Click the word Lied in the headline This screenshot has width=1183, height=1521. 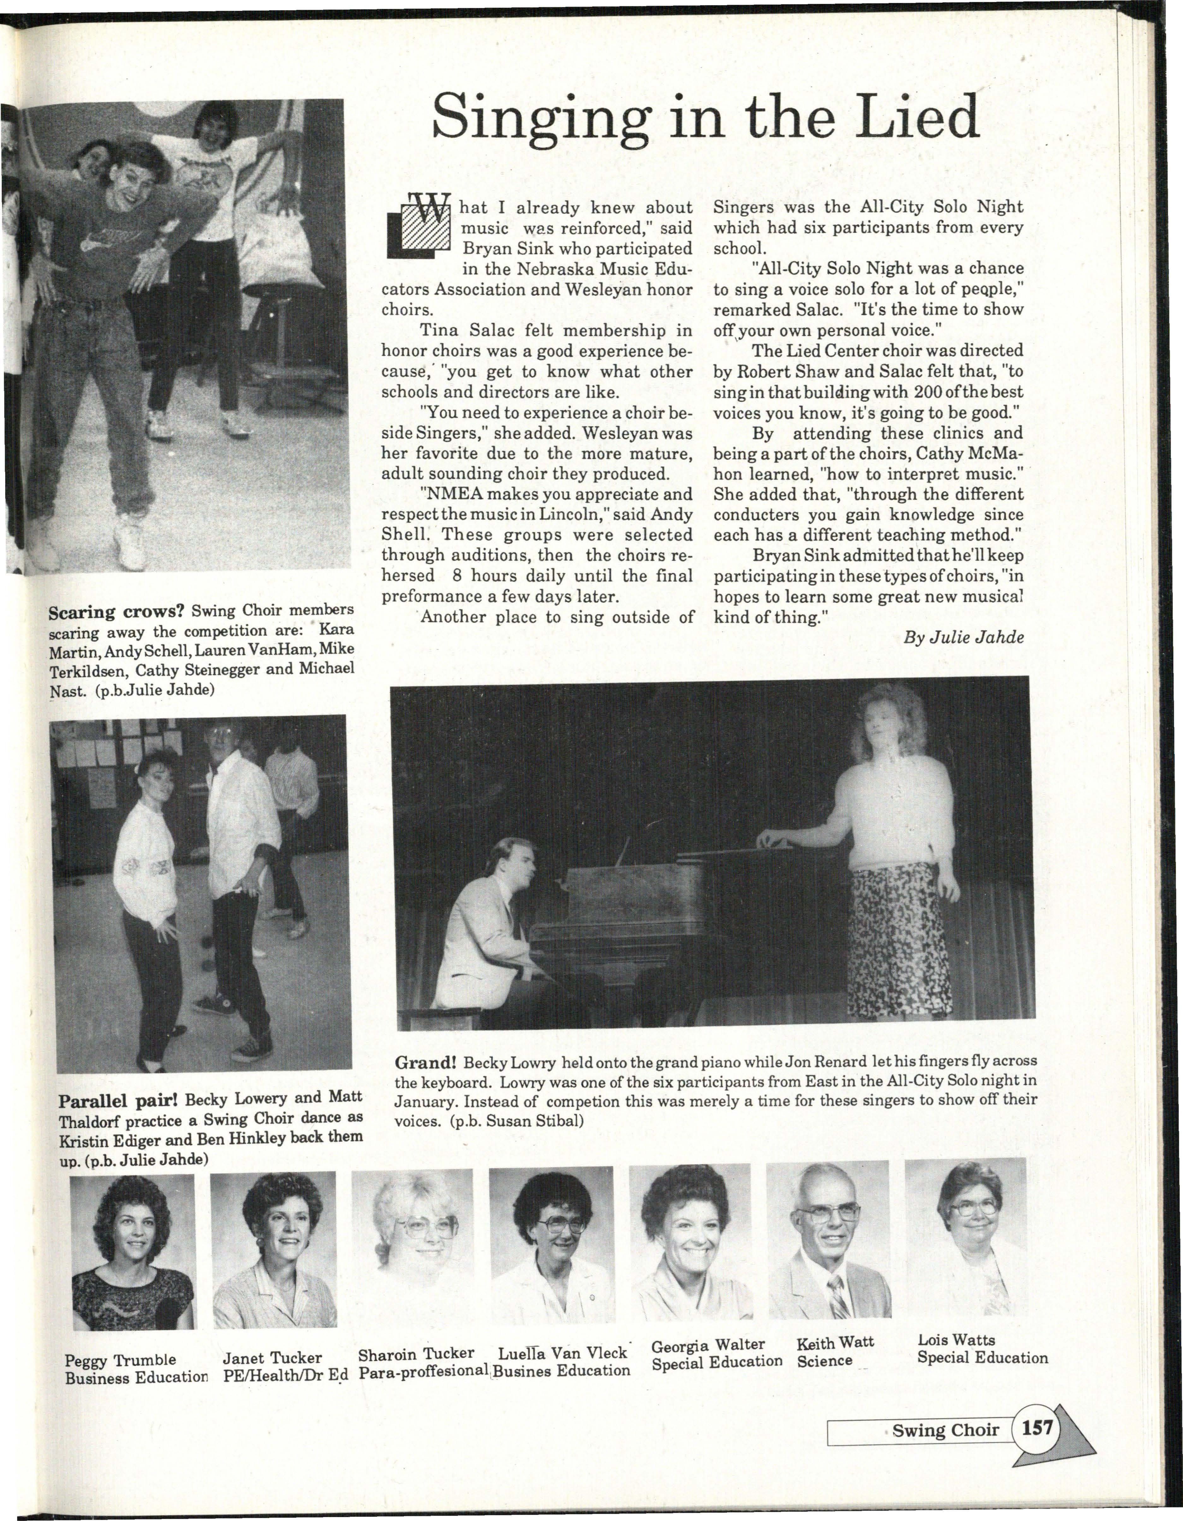coord(912,118)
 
